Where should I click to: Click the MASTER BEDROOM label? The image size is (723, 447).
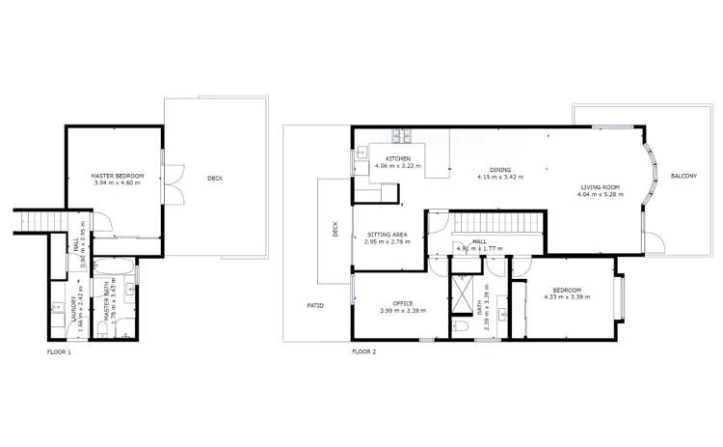pyautogui.click(x=117, y=175)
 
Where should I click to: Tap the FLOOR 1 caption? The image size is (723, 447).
pyautogui.click(x=60, y=351)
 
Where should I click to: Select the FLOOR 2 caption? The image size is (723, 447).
pyautogui.click(x=363, y=351)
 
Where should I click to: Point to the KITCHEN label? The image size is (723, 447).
pyautogui.click(x=398, y=158)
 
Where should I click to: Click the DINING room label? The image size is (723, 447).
pyautogui.click(x=499, y=169)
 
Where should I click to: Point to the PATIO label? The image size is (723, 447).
pyautogui.click(x=314, y=306)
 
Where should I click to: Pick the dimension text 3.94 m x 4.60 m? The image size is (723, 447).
pyautogui.click(x=117, y=182)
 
